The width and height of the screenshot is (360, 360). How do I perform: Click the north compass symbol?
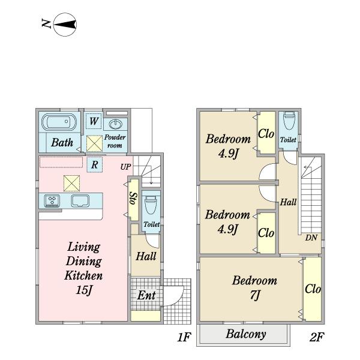(x=65, y=25)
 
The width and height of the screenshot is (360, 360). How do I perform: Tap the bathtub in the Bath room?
(x=59, y=122)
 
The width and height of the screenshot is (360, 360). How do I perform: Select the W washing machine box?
(x=94, y=121)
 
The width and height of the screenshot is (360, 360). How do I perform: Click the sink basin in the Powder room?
(x=115, y=124)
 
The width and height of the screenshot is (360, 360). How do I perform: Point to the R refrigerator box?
(x=94, y=164)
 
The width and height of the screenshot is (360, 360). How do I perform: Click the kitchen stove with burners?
(x=52, y=201)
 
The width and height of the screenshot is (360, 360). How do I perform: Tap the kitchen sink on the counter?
(x=80, y=201)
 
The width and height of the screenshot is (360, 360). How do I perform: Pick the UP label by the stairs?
(x=125, y=167)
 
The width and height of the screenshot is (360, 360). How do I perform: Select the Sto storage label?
(x=133, y=198)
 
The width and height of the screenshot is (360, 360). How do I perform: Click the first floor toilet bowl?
(x=151, y=205)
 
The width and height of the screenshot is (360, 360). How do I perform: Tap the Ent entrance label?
(x=146, y=295)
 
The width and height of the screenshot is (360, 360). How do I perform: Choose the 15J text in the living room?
(x=84, y=290)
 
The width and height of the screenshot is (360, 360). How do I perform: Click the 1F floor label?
(x=184, y=337)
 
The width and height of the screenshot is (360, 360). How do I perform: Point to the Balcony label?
(x=246, y=334)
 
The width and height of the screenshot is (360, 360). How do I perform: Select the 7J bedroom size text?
(x=255, y=295)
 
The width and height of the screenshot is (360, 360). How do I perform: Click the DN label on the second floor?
(x=311, y=238)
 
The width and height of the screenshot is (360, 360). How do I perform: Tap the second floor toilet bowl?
(x=289, y=121)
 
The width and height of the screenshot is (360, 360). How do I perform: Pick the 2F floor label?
(x=317, y=337)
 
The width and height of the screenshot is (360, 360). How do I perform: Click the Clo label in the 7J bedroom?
(x=313, y=289)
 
